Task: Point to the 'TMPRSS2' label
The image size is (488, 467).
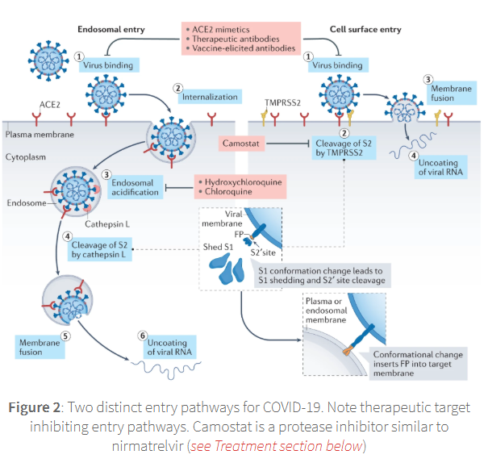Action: (282, 103)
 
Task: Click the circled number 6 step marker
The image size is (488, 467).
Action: (143, 335)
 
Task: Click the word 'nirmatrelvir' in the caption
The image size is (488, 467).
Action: (145, 443)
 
